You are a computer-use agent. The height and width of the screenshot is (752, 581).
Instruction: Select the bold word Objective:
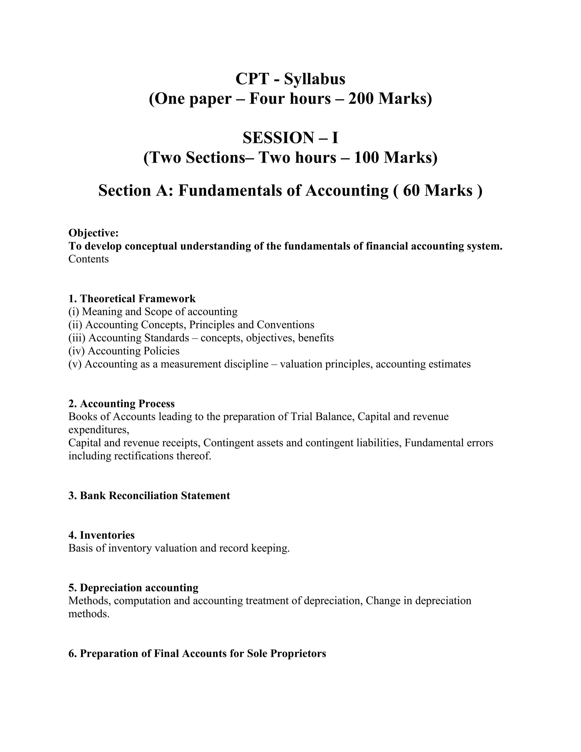tap(94, 233)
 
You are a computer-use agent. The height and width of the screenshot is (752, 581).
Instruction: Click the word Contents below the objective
tap(89, 259)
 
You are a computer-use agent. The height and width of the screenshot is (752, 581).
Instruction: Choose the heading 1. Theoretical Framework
tap(132, 299)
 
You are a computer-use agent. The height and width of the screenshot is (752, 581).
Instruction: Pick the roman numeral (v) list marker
tap(75, 364)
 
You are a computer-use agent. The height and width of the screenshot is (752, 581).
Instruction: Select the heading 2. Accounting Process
tap(121, 404)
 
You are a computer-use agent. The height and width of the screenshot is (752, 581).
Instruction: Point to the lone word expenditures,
tap(99, 430)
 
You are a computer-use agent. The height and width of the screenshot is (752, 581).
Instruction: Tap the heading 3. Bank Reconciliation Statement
tap(149, 496)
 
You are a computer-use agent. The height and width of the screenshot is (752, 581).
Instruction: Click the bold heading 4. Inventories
tap(102, 535)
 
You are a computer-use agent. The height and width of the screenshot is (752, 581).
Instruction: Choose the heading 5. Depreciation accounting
tap(133, 588)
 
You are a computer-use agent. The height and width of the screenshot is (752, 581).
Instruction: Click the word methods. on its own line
tap(89, 614)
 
